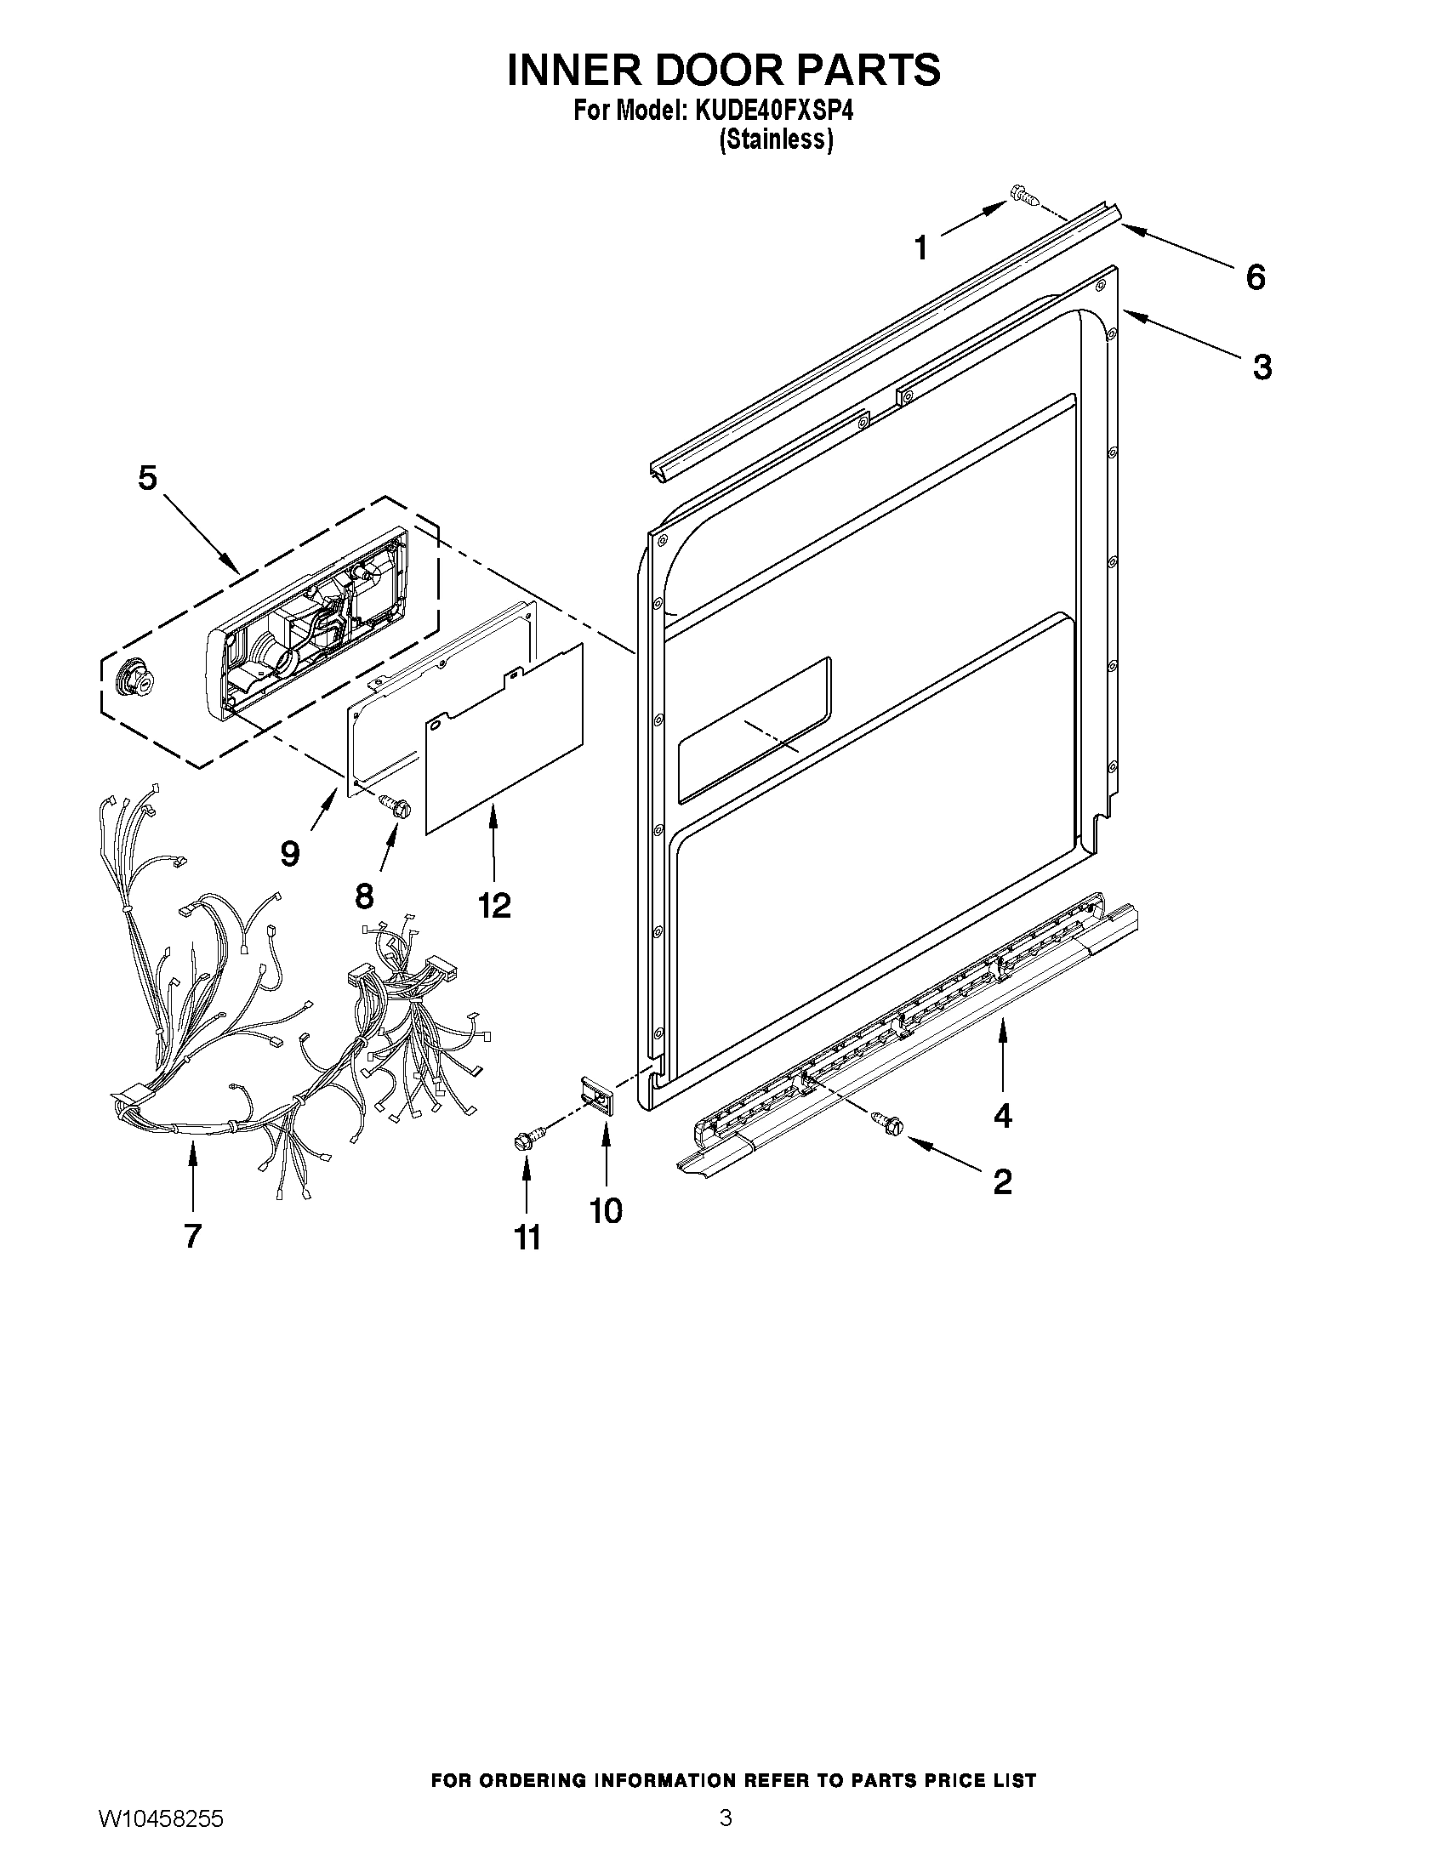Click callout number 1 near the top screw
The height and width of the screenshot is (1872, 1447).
tap(920, 248)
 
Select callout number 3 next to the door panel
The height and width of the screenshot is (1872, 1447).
tap(1262, 367)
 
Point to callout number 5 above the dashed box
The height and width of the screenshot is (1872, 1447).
tap(147, 478)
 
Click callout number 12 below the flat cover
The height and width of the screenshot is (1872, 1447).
tap(494, 904)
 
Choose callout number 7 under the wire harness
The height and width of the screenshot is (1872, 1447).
tap(192, 1235)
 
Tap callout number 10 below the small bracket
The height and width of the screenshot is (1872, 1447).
tap(606, 1210)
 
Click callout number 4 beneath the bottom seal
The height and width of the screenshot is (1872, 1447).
tap(1002, 1115)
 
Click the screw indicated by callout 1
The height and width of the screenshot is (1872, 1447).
tap(1023, 195)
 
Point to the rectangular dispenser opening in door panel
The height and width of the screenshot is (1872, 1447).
tap(755, 730)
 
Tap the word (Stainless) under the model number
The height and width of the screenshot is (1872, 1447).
tap(775, 139)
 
